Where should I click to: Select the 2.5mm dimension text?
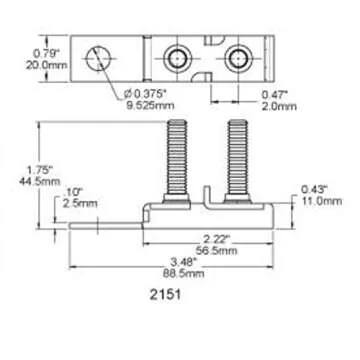[x=71, y=202]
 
